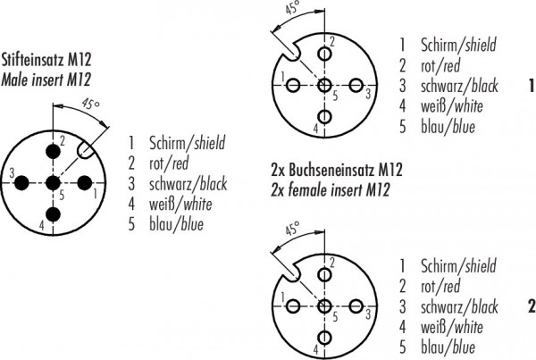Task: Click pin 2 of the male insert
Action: [53, 152]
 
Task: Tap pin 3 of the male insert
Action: [21, 183]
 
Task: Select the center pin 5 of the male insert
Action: [53, 183]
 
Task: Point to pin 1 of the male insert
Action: [85, 183]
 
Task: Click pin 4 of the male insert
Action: [53, 214]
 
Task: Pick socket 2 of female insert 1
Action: [324, 54]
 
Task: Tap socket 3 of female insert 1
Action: [356, 85]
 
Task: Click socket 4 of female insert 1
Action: [324, 117]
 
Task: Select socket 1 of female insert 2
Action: [293, 306]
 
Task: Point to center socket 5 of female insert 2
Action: [324, 306]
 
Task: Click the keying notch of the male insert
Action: [86, 150]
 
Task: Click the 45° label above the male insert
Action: [90, 104]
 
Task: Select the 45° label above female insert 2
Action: [292, 228]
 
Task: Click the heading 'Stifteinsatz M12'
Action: [46, 60]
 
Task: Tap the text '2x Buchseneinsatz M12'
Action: [337, 170]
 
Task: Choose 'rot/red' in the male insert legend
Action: [169, 163]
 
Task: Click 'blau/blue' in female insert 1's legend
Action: [448, 127]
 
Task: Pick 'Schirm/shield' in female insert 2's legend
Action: [458, 265]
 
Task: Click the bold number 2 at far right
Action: [532, 306]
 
